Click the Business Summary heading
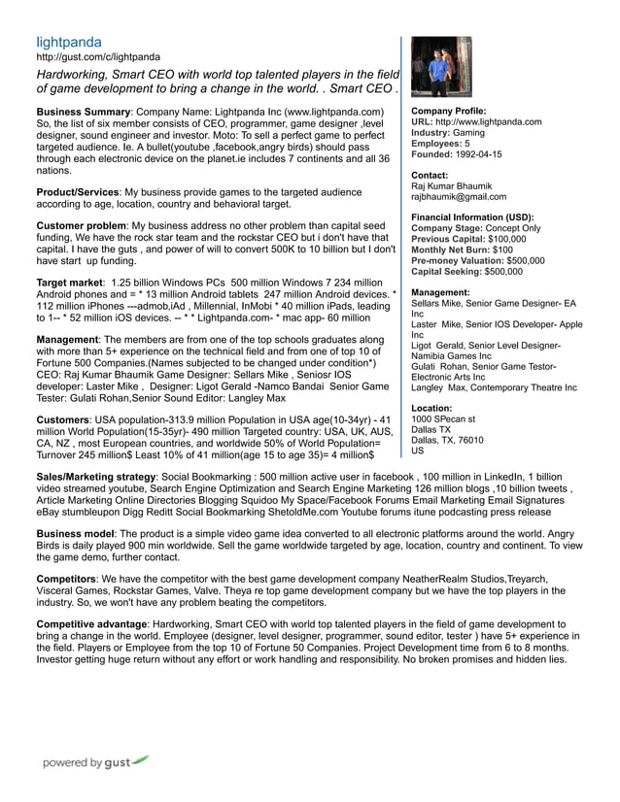tap(83, 113)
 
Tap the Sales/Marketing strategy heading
tap(95, 479)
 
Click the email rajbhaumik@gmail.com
tap(459, 196)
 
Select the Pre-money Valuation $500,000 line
tap(478, 260)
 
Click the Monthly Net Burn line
tap(462, 250)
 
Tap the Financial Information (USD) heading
tap(472, 217)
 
